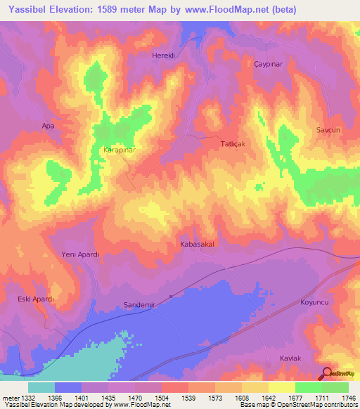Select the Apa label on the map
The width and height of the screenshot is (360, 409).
click(x=48, y=126)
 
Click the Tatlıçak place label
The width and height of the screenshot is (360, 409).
click(x=231, y=143)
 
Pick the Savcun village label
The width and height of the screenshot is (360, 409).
click(x=328, y=131)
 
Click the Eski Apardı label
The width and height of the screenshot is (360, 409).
click(x=36, y=299)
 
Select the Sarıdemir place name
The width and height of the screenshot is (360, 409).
click(x=139, y=305)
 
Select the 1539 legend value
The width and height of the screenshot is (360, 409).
click(x=188, y=398)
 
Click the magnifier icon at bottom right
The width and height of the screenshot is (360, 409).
click(x=326, y=373)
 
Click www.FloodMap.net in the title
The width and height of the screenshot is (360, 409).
click(x=228, y=9)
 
